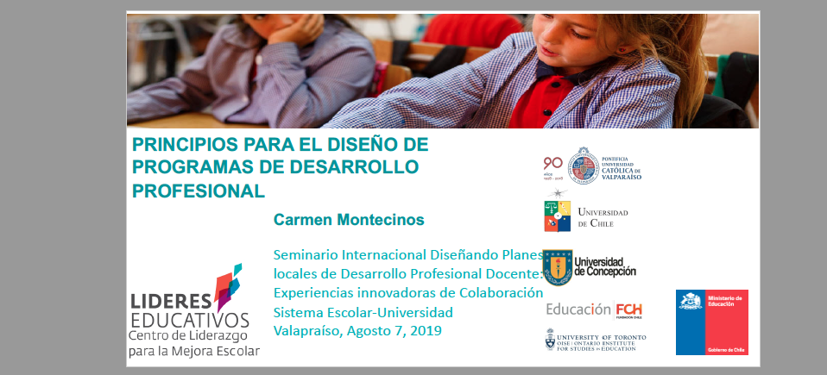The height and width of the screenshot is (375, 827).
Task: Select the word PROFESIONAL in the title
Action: coord(199,188)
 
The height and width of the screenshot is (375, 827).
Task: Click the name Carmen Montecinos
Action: coord(349,220)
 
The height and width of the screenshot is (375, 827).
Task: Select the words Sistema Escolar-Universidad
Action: coord(363,311)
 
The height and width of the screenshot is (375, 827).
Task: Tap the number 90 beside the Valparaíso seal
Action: coord(552,163)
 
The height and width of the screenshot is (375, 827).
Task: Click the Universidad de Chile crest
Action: coord(557,215)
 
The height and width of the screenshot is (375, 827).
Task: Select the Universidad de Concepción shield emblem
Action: coord(558,267)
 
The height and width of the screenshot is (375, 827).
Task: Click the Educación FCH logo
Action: coord(594,309)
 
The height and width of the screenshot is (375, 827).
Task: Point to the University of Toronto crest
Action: coord(551,340)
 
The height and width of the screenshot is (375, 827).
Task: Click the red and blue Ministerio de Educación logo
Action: coord(711,322)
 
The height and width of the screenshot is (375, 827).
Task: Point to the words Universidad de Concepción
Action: coord(605,266)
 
